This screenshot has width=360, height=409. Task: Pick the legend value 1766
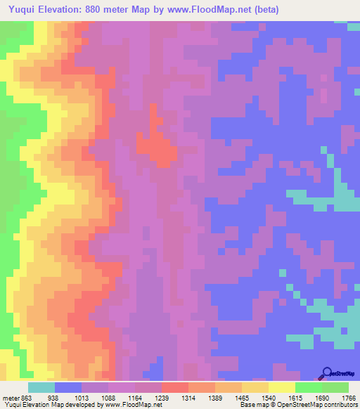click(x=349, y=398)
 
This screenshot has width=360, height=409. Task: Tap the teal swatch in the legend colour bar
click(x=41, y=387)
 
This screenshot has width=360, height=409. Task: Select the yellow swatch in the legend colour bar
click(x=281, y=387)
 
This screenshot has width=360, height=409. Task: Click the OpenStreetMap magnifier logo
click(x=328, y=372)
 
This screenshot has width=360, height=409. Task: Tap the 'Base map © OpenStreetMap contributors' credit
click(x=298, y=405)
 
